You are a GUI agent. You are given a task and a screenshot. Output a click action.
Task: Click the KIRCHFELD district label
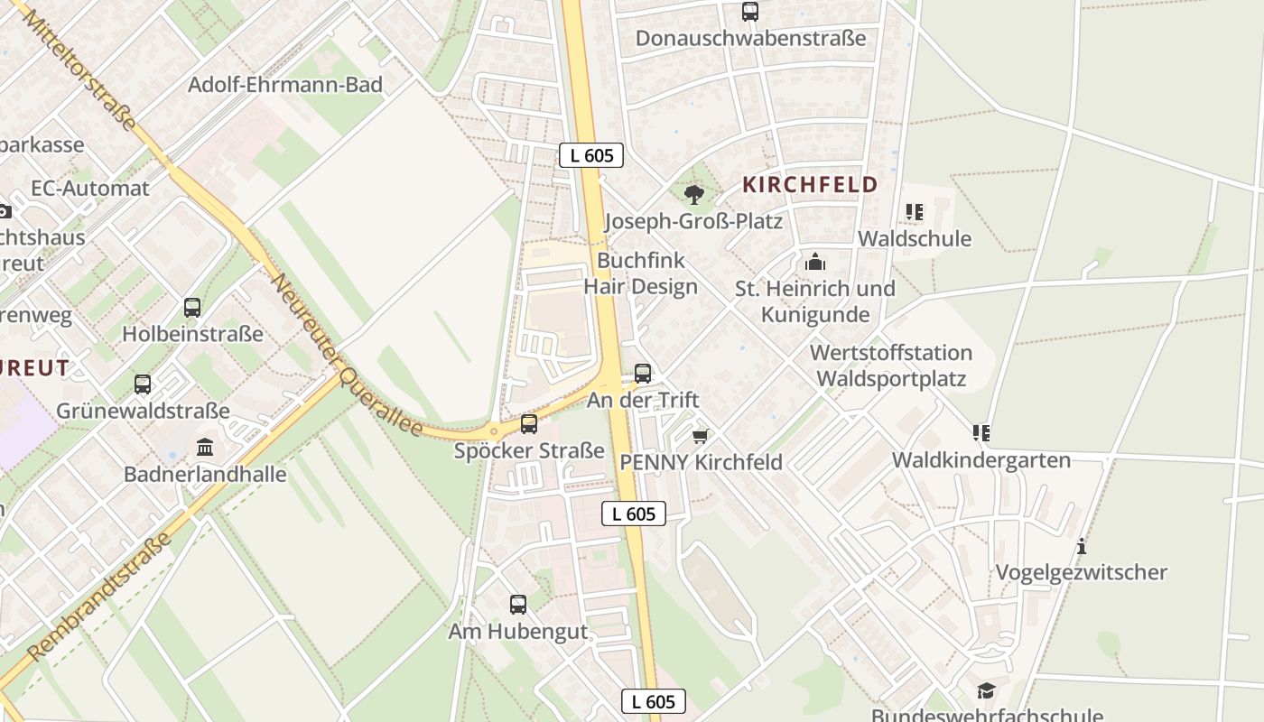click(x=810, y=185)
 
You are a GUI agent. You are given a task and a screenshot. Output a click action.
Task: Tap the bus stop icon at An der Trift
click(x=643, y=373)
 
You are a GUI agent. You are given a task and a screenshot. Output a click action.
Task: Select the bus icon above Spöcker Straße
click(x=529, y=423)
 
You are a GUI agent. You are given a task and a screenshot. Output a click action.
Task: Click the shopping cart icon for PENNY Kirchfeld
click(x=700, y=436)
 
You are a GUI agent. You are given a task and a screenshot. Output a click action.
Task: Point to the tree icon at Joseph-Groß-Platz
click(x=693, y=194)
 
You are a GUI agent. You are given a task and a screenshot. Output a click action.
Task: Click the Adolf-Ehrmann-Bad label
click(x=285, y=85)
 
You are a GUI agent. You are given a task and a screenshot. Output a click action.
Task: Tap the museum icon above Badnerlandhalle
click(x=205, y=447)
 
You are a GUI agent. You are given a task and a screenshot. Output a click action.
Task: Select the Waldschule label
click(x=915, y=239)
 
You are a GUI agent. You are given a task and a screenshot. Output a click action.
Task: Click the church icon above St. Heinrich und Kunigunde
click(x=815, y=262)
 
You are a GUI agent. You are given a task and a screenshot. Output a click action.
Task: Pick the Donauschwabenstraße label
click(x=750, y=38)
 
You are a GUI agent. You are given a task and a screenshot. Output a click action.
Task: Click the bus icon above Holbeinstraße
click(x=192, y=307)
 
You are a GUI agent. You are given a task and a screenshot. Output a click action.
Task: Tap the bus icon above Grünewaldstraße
click(x=143, y=384)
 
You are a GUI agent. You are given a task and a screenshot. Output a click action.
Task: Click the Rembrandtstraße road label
click(x=98, y=597)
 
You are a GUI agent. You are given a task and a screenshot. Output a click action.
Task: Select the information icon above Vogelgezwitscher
click(x=1081, y=546)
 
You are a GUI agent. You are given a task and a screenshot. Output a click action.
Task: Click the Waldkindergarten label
click(x=981, y=460)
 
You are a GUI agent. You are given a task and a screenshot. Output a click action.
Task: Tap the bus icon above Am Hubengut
click(x=518, y=605)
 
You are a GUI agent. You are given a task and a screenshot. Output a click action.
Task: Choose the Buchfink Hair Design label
click(x=641, y=273)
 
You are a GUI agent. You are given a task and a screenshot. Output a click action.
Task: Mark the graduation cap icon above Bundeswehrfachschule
click(x=986, y=691)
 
